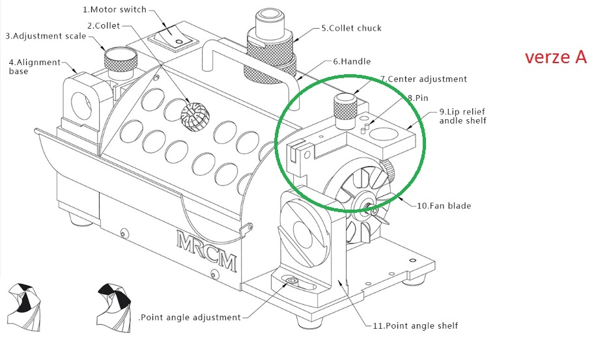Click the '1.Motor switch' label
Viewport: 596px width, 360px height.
click(x=115, y=10)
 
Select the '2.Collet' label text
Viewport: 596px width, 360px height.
click(x=107, y=25)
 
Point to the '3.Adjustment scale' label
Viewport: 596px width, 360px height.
click(x=46, y=36)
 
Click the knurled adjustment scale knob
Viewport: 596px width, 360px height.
click(x=121, y=61)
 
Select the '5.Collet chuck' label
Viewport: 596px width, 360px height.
click(x=351, y=28)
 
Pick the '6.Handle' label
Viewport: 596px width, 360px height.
click(x=352, y=61)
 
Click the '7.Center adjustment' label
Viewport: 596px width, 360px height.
click(x=423, y=79)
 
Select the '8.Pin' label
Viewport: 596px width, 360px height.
click(x=419, y=97)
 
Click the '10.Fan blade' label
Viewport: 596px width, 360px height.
click(x=444, y=206)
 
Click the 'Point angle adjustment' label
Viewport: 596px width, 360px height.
click(x=190, y=317)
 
